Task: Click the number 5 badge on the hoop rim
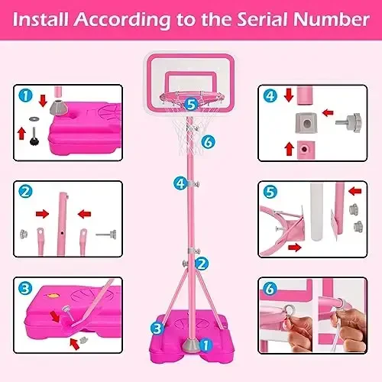point(191,102)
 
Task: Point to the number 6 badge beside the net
point(207,141)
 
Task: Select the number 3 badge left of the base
point(156,328)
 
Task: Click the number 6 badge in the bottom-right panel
point(270,290)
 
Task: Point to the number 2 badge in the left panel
point(24,193)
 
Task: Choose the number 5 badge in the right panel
point(270,193)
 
